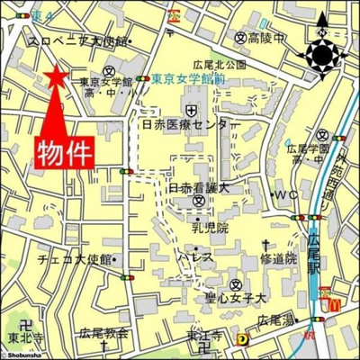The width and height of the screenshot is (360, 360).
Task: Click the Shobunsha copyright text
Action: click(x=23, y=355)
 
